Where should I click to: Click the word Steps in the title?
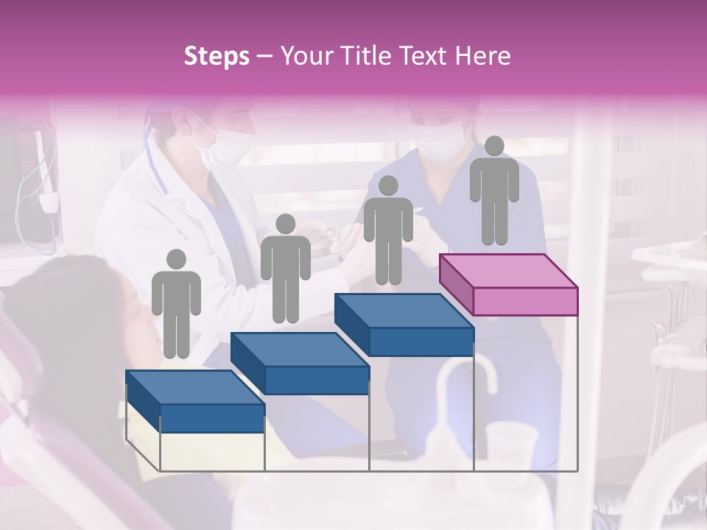click(x=217, y=56)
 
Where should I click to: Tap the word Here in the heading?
click(x=482, y=56)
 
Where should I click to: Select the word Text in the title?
click(x=423, y=56)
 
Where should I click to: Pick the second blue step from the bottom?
click(x=300, y=362)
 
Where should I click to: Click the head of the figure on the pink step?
click(x=494, y=146)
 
